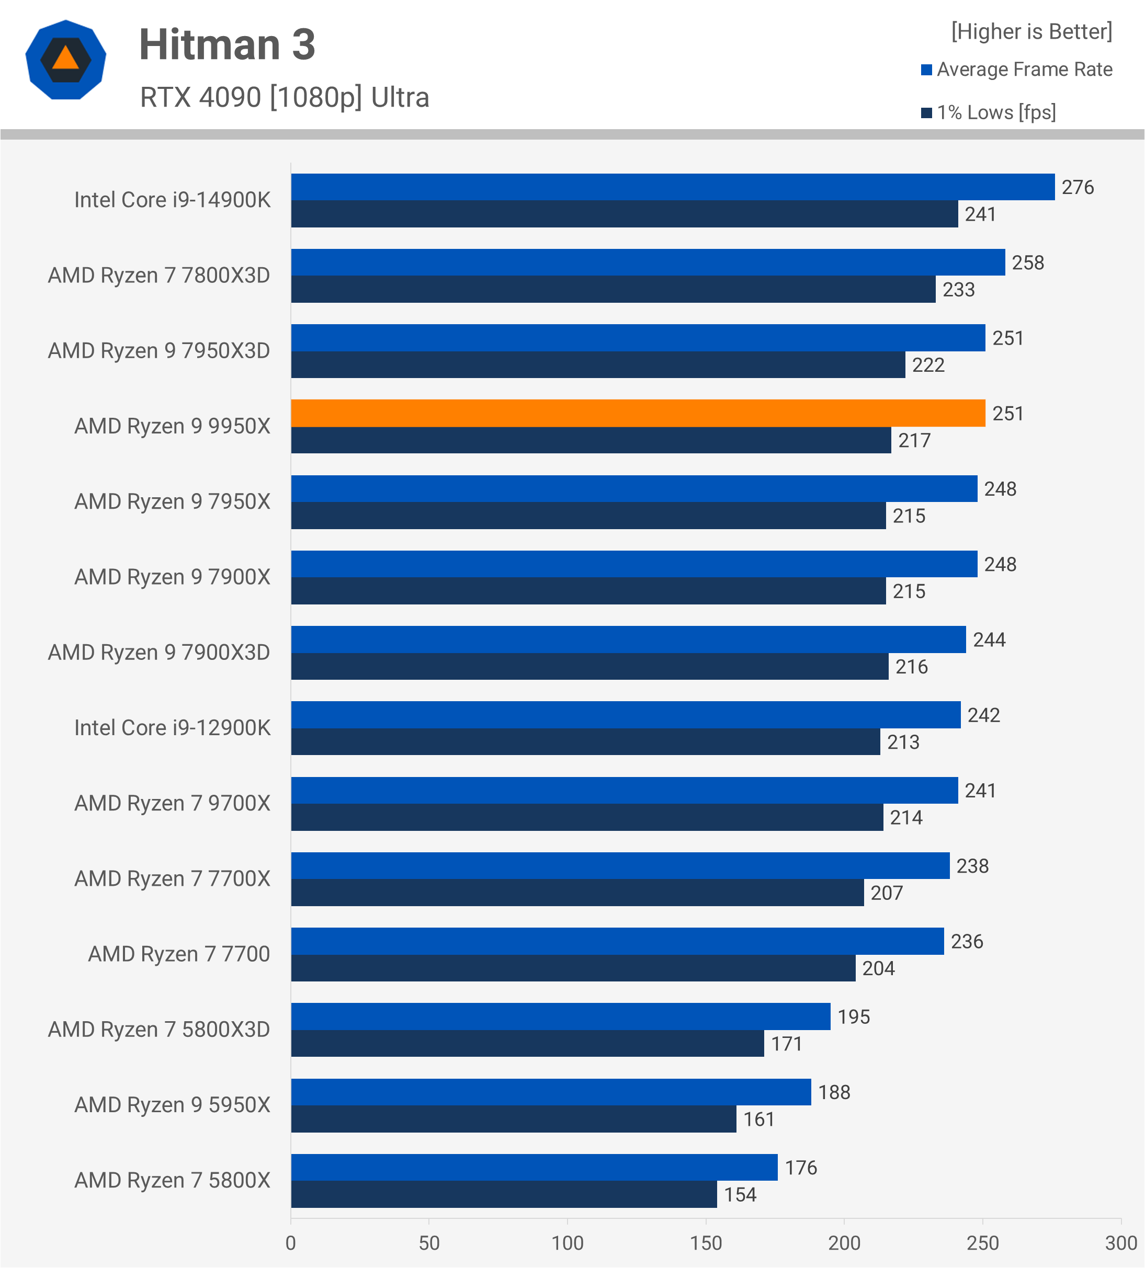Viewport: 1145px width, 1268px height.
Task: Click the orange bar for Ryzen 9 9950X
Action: [638, 413]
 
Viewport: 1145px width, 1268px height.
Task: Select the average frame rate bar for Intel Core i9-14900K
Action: [673, 187]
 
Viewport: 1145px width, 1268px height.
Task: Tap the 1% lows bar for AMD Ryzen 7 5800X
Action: [504, 1194]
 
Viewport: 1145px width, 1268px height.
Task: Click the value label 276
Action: [1078, 187]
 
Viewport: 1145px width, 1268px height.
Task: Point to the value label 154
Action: [740, 1195]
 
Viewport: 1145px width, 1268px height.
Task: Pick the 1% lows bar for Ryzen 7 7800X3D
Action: [614, 289]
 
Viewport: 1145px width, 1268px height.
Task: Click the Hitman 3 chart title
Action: [227, 45]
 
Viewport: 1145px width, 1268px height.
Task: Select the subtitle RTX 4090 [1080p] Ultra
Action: [285, 97]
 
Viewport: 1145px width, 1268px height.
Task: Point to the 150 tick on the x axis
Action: [706, 1243]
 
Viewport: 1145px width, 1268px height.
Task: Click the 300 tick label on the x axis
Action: [1121, 1243]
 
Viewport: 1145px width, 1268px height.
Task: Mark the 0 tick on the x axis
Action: [291, 1243]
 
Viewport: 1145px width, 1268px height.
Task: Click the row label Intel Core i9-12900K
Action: [173, 728]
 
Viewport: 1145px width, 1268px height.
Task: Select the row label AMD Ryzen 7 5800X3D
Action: [159, 1030]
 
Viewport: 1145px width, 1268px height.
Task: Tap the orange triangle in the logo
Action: [65, 59]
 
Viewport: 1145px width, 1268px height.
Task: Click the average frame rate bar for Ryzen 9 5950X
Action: [551, 1092]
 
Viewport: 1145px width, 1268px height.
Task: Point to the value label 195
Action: [854, 1017]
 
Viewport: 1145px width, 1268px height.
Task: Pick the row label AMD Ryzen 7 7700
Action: [179, 954]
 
